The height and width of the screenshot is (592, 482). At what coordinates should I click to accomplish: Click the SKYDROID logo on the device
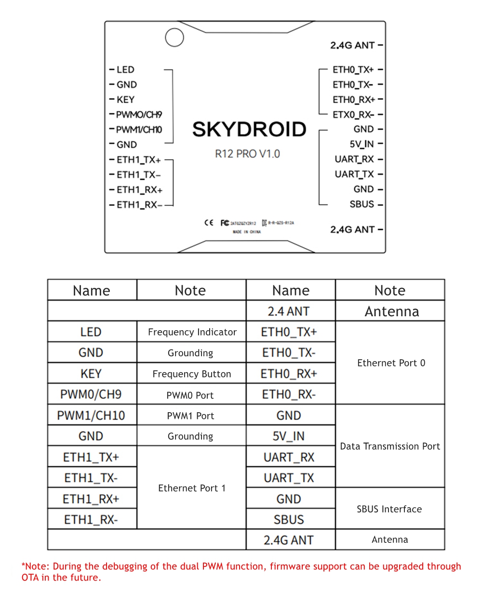(249, 130)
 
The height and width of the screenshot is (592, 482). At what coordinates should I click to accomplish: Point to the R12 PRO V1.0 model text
(247, 154)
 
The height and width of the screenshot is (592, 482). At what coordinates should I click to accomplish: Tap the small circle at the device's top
(174, 38)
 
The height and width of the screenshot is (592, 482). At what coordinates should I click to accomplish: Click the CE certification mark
(209, 223)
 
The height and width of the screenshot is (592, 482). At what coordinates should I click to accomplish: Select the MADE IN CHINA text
(246, 232)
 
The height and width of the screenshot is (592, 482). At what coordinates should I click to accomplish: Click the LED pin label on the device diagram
(125, 70)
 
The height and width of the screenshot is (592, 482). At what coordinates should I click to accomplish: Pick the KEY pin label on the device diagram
(125, 100)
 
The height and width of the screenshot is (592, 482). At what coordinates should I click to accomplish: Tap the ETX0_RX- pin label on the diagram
(353, 115)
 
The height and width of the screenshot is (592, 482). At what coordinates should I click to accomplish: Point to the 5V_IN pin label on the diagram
(361, 144)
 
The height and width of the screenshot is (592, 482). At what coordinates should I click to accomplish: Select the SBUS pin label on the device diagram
(361, 204)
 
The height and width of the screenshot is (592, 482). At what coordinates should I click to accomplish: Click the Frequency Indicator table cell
(192, 332)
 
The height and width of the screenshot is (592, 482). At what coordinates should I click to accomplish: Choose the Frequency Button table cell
(192, 374)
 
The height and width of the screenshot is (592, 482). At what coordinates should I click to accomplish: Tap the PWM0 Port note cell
(190, 395)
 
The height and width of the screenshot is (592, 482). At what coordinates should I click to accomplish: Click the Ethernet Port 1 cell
(192, 488)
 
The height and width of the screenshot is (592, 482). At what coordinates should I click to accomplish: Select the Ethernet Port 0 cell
(391, 363)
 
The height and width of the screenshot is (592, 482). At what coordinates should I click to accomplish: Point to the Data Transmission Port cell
(390, 446)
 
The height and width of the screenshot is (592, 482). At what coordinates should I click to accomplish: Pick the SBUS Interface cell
(389, 509)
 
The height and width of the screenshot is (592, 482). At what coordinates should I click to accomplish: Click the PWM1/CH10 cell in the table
(91, 416)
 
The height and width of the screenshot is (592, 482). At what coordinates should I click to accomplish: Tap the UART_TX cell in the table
(289, 478)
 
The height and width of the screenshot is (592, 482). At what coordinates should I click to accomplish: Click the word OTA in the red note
(31, 577)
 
